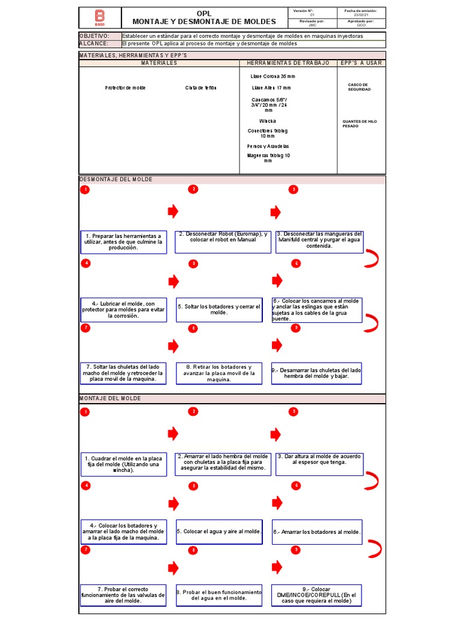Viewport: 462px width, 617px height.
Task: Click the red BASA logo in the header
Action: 100,17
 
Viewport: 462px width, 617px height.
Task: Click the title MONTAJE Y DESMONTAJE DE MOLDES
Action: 204,22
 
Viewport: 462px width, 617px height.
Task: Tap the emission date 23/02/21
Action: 360,15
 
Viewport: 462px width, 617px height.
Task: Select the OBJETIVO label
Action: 94,36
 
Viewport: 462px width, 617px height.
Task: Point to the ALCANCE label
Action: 94,43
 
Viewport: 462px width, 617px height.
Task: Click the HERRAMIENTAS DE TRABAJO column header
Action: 289,63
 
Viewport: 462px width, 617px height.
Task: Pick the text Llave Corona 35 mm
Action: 273,77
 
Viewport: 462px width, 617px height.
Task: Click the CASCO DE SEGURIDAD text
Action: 359,87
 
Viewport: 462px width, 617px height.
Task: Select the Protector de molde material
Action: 125,88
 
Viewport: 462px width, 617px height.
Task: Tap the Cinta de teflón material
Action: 200,88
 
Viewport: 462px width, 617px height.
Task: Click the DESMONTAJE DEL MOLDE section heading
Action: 115,180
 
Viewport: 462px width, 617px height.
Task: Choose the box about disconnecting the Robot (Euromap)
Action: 223,237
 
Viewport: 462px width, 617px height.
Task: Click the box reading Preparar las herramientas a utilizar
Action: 123,242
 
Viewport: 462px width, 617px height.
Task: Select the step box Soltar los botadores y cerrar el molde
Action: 219,310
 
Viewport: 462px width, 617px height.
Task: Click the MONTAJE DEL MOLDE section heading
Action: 110,399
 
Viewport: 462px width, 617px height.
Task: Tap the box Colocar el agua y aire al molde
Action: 219,531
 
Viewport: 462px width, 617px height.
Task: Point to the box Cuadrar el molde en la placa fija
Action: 123,464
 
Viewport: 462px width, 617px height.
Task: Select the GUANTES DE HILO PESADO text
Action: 359,124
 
